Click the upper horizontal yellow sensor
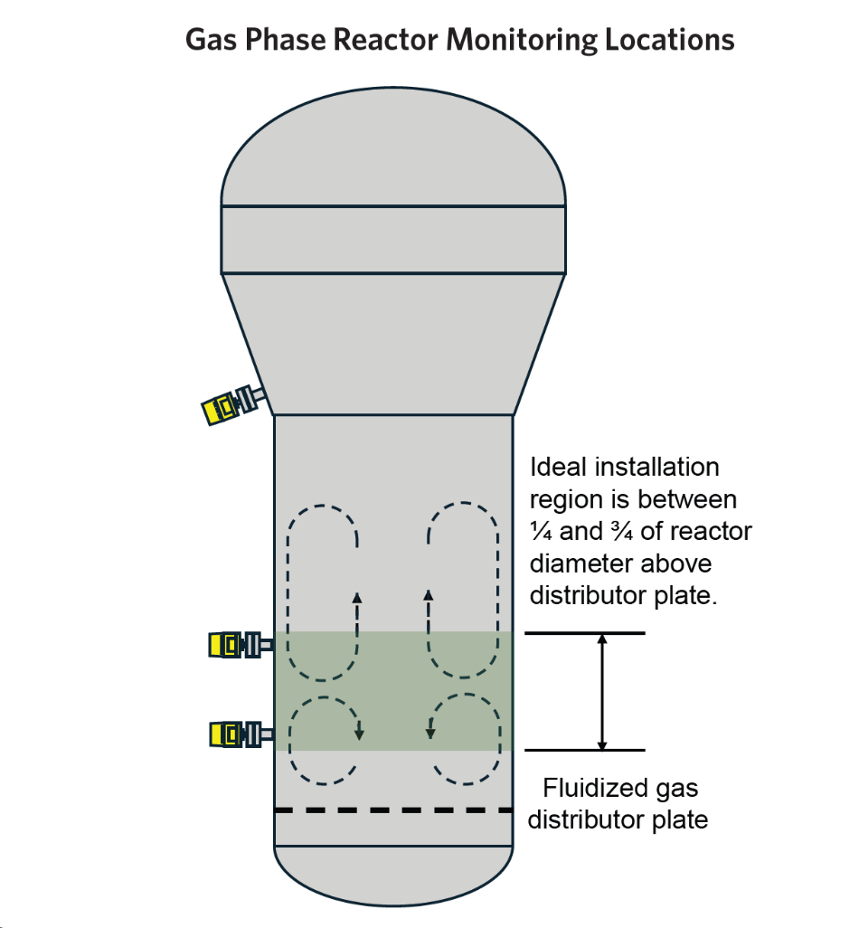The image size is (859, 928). coord(233,644)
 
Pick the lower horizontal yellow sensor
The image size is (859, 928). coord(233,733)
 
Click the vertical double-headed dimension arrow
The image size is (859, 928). coord(603,692)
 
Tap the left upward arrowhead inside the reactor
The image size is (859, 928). coord(357,597)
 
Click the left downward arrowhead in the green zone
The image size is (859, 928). coord(359,733)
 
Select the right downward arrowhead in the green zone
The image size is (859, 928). coord(429,733)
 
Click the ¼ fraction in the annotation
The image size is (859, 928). coord(541,532)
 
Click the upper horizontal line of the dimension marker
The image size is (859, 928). coord(585,633)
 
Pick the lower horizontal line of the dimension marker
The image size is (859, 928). coord(585,750)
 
